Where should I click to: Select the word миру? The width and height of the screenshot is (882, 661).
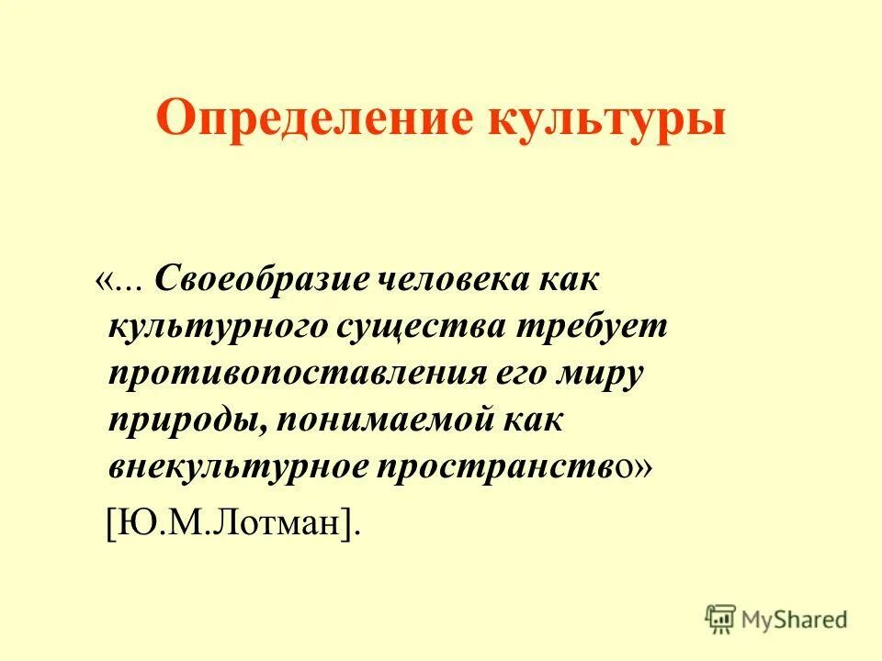tap(607, 375)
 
